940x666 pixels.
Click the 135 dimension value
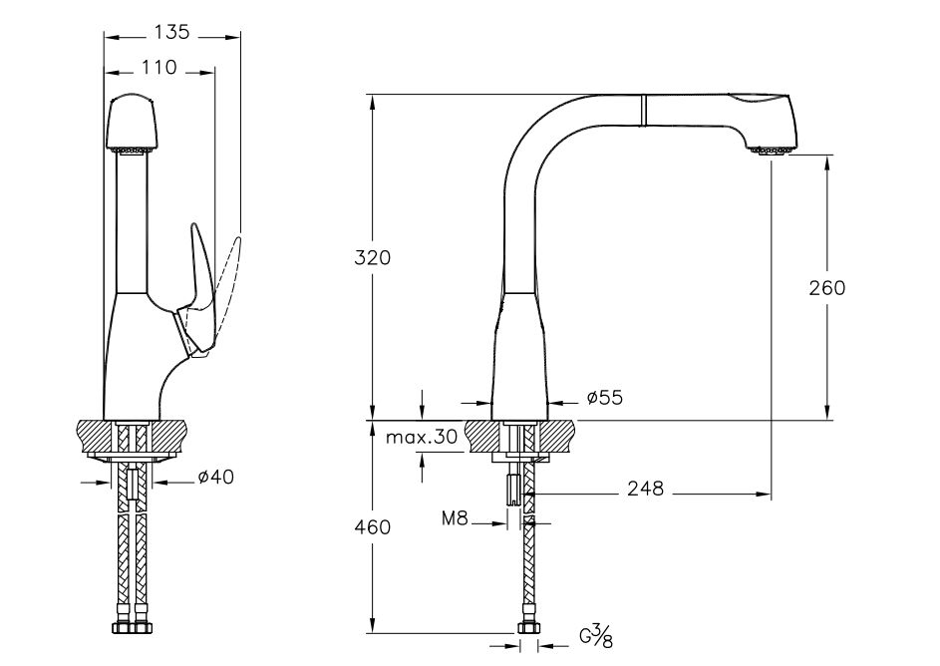tap(172, 33)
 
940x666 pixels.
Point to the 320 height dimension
tap(373, 256)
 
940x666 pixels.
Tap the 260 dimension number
tap(826, 287)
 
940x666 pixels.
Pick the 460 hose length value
tap(373, 526)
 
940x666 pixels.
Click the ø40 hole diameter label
tap(215, 479)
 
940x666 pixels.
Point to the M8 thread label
tap(457, 518)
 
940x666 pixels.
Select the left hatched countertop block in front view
tap(96, 436)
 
